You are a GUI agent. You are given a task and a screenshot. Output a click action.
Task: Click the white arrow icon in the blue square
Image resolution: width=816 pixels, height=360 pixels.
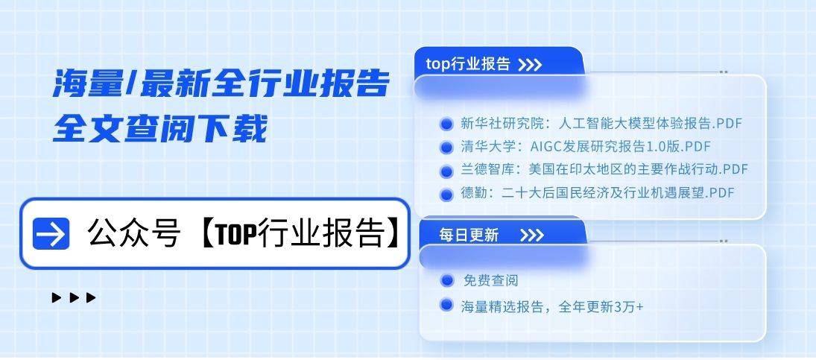pyautogui.click(x=51, y=234)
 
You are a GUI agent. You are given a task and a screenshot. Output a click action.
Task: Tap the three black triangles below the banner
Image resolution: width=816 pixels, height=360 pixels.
pyautogui.click(x=75, y=298)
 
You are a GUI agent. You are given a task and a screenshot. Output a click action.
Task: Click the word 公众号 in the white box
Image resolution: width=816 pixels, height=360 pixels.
pyautogui.click(x=134, y=234)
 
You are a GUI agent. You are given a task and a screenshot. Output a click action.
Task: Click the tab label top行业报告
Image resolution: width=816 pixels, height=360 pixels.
pyautogui.click(x=468, y=64)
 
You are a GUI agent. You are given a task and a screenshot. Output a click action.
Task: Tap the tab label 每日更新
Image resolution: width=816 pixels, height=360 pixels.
pyautogui.click(x=469, y=236)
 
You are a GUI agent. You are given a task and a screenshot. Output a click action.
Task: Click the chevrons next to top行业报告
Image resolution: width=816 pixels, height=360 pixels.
pyautogui.click(x=530, y=65)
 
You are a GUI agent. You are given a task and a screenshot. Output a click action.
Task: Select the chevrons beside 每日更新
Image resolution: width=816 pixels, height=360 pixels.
pyautogui.click(x=532, y=236)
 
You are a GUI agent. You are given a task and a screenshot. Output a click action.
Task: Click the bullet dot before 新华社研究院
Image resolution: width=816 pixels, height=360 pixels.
pyautogui.click(x=446, y=124)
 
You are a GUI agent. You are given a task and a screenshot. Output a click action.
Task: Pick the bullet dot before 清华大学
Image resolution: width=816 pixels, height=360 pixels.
pyautogui.click(x=446, y=147)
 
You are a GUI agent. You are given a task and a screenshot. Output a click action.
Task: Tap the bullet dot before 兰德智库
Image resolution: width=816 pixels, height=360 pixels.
pyautogui.click(x=446, y=171)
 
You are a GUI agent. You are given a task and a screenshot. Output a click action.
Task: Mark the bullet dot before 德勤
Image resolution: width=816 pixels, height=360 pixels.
pyautogui.click(x=446, y=195)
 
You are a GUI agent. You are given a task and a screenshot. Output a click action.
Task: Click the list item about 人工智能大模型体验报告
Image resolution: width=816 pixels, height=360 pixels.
pyautogui.click(x=601, y=123)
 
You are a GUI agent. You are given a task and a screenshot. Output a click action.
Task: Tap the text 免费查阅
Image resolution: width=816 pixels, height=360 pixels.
pyautogui.click(x=490, y=281)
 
